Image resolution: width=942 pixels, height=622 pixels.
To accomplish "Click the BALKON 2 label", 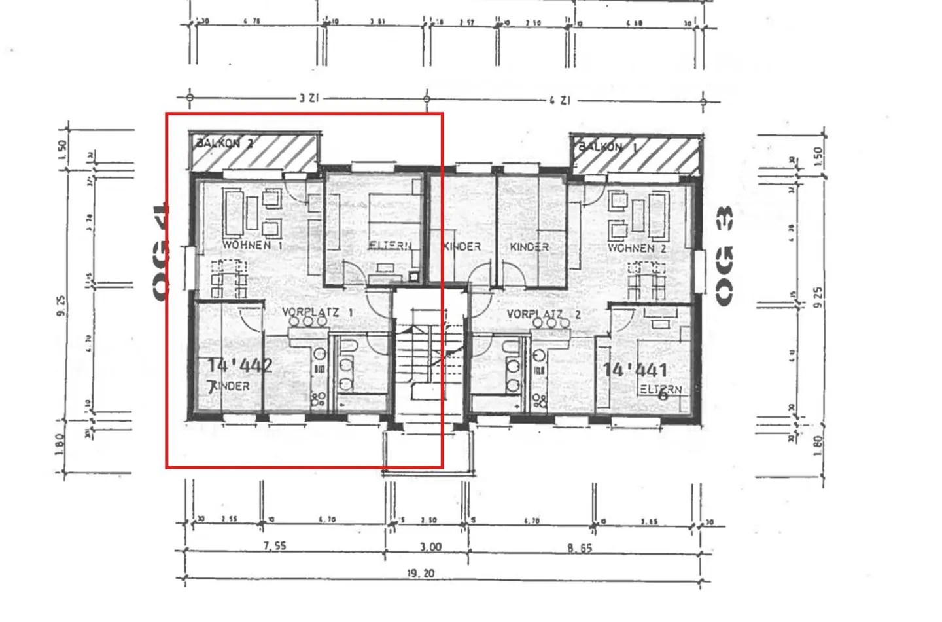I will pyautogui.click(x=224, y=143).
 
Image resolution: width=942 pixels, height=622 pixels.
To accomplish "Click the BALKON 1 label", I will pyautogui.click(x=607, y=147).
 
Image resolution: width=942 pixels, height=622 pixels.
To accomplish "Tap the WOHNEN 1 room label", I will pyautogui.click(x=252, y=245).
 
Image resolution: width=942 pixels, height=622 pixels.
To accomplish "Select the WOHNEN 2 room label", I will pyautogui.click(x=637, y=248).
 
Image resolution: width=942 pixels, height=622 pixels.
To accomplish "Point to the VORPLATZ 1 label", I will pyautogui.click(x=317, y=312).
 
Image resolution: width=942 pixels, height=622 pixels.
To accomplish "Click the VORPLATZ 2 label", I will pyautogui.click(x=544, y=315).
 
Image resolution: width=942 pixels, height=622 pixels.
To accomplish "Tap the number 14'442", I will pyautogui.click(x=239, y=365).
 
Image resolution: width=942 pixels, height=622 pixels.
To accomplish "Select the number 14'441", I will pyautogui.click(x=635, y=370).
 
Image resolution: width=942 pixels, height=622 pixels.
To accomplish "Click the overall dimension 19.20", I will pyautogui.click(x=421, y=573).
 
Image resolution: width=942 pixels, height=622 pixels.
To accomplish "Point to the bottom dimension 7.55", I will pyautogui.click(x=275, y=545).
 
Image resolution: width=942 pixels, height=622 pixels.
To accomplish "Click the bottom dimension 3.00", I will pyautogui.click(x=430, y=547).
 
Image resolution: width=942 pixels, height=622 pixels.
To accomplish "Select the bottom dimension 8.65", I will pyautogui.click(x=580, y=547).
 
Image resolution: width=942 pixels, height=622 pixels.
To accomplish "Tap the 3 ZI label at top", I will pyautogui.click(x=309, y=98).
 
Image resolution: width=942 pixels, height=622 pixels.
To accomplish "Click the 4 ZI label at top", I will pyautogui.click(x=560, y=100).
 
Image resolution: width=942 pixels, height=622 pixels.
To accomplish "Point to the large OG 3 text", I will pyautogui.click(x=724, y=255).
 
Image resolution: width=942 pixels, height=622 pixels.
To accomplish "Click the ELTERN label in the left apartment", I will pyautogui.click(x=390, y=246).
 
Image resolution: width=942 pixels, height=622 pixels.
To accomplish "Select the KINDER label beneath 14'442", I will pyautogui.click(x=229, y=386).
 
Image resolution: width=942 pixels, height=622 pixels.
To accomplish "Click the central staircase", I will pyautogui.click(x=428, y=357).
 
